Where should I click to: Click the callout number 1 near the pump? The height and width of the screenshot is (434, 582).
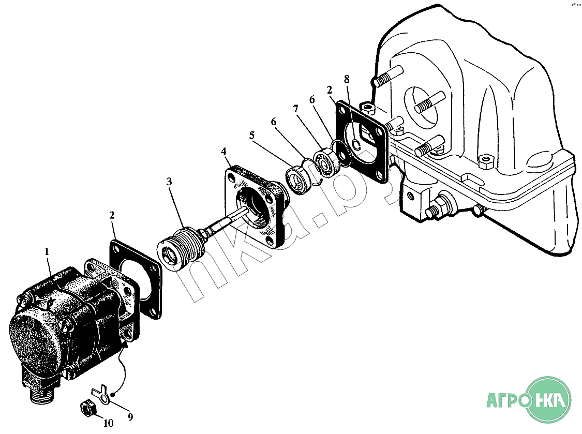47,252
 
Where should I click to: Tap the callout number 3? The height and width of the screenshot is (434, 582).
169,182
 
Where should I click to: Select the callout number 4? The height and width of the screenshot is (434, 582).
223,151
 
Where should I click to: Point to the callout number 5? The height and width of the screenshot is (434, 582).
252,136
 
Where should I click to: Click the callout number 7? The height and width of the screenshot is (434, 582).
295,109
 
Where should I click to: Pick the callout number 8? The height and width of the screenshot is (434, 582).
347,79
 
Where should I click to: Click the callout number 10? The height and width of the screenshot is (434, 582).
108,423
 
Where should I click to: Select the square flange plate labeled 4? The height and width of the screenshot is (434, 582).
255,206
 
